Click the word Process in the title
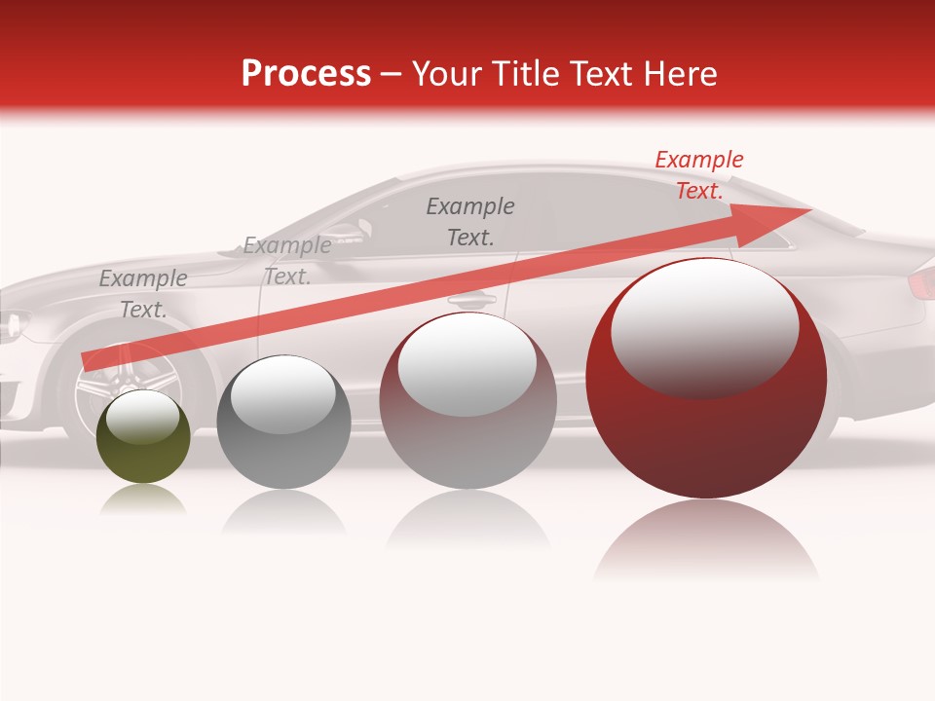pos(306,73)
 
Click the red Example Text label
pos(698,175)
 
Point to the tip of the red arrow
pos(810,209)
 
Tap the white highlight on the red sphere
pos(704,326)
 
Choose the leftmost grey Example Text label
pos(142,294)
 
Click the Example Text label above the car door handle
pos(470,222)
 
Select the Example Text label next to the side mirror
pos(286,261)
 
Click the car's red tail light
pos(920,283)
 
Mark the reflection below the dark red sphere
pos(706,540)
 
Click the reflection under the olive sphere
pos(142,500)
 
